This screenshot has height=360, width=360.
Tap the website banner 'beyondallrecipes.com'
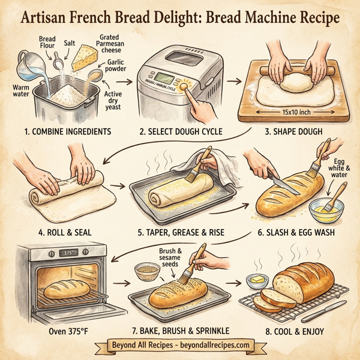pyautogui.click(x=179, y=346)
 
